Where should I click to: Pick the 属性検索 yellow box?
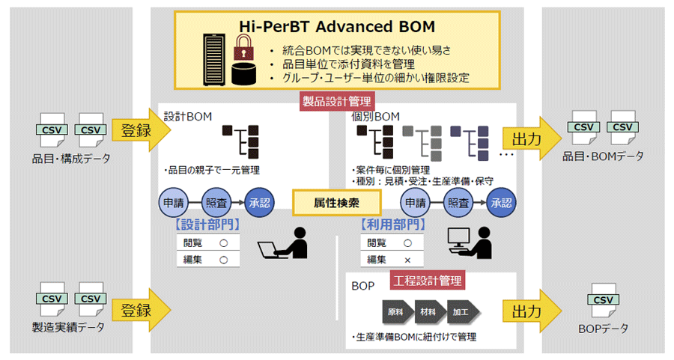337,201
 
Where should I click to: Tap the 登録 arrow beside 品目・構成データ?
139,130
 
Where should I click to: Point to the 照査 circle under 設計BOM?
217,202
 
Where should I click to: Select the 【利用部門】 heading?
392,224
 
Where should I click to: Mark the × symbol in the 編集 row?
407,259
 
